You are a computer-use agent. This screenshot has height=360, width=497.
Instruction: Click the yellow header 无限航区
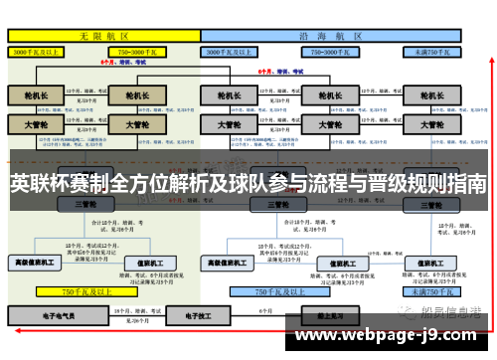click(x=99, y=34)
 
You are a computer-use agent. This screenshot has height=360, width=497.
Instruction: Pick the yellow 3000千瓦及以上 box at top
click(x=41, y=50)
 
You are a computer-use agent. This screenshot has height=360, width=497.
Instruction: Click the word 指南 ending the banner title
click(x=466, y=184)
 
